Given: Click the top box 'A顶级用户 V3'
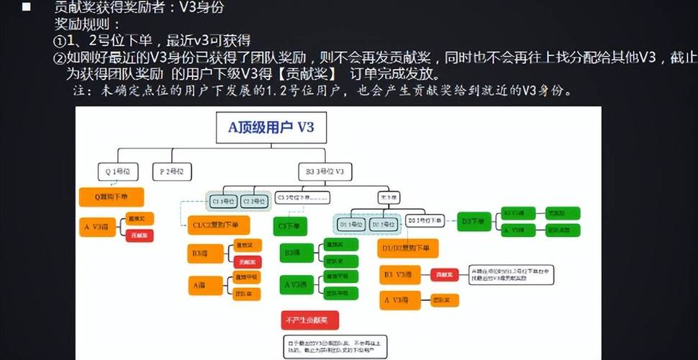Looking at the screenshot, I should [271, 128].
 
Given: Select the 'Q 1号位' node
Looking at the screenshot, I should [117, 171].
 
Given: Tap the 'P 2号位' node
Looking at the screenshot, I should [171, 171].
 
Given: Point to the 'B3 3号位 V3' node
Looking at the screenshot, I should [325, 171].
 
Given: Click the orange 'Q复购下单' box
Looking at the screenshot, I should [111, 197].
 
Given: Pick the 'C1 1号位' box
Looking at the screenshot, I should [224, 201].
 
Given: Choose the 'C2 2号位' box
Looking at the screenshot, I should [254, 201].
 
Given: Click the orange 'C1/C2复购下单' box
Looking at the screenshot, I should [219, 225].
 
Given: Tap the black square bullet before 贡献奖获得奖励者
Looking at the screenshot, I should [27, 8].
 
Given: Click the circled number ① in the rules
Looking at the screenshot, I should [60, 40].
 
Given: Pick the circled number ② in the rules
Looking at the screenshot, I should [60, 57].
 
